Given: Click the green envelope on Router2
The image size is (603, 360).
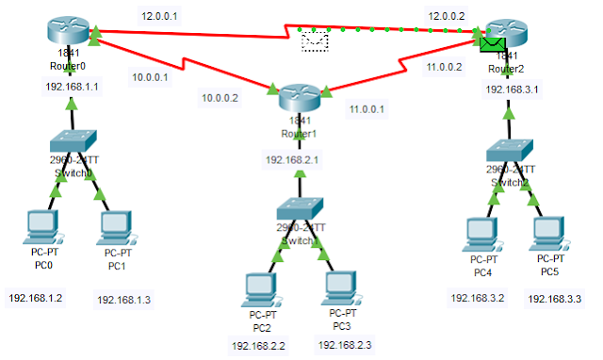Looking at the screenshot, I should tap(491, 41).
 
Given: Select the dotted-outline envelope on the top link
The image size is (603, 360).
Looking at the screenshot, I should tap(314, 41).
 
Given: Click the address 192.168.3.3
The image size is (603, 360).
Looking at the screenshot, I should tap(553, 299).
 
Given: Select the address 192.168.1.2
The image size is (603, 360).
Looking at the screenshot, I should tap(35, 298).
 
